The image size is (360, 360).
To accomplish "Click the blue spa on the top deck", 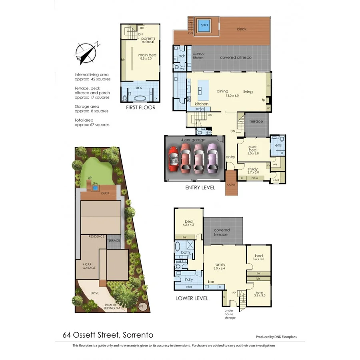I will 204,25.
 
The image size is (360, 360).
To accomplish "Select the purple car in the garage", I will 212,158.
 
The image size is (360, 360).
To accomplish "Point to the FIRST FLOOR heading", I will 140,108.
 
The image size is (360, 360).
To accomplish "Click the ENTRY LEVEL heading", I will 200,188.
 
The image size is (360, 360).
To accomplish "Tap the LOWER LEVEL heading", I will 192,298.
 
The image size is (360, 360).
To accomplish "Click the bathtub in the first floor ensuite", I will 140,98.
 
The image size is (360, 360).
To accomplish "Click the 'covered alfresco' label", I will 236,58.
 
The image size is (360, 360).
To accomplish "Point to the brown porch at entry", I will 231,184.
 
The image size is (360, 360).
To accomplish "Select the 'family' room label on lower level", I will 220,264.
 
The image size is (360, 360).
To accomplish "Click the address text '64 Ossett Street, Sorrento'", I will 108,334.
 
